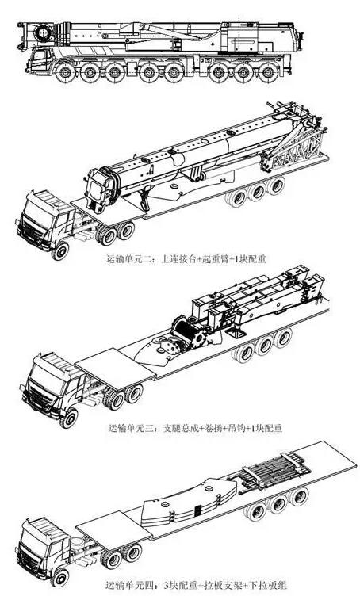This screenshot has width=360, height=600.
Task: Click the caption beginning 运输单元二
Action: [x=186, y=259]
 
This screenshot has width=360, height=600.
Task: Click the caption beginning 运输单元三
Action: [x=195, y=428]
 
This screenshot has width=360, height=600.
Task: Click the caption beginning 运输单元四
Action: [x=196, y=585]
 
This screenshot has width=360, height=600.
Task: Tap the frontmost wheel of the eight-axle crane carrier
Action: [x=65, y=73]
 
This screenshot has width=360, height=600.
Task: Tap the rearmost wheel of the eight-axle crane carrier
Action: [x=269, y=73]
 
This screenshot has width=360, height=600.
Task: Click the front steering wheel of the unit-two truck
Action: [x=60, y=250]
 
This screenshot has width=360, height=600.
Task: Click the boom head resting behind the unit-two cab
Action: [x=101, y=189]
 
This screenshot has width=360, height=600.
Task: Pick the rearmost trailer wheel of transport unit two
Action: [x=276, y=186]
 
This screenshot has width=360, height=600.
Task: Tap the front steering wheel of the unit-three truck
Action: [x=69, y=418]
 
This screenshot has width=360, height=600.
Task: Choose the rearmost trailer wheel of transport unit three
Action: [x=283, y=338]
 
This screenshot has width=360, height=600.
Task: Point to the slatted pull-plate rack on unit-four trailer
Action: [x=273, y=468]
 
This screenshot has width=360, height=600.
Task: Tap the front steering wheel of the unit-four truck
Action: [x=60, y=577]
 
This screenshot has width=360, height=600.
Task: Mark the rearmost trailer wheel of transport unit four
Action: [x=299, y=497]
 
